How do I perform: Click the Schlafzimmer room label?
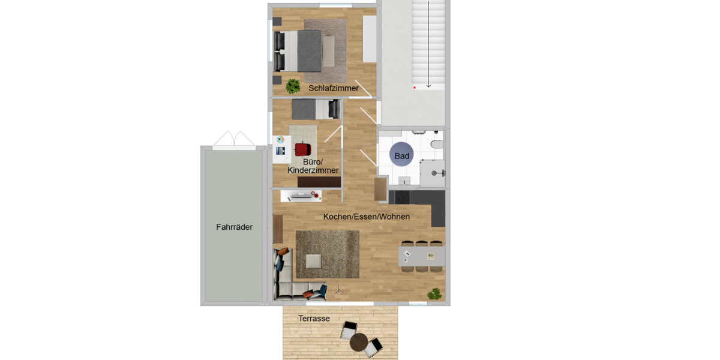point(334,88)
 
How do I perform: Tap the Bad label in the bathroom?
point(401,156)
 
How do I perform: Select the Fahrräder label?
point(234,227)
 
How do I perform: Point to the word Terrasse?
point(314,319)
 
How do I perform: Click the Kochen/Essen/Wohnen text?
point(366,217)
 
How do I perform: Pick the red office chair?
point(304,149)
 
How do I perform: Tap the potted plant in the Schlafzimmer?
point(293,86)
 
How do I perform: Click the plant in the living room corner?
point(434,294)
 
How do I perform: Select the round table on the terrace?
point(359,343)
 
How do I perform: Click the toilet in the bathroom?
point(437,145)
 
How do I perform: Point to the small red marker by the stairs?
point(414,88)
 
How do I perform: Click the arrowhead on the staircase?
point(428,86)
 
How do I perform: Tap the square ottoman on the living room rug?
point(313,261)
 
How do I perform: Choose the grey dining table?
point(422,256)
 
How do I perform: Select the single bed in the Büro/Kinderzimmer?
point(315,109)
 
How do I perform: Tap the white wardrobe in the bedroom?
point(369,38)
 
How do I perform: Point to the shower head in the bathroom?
point(442,172)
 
